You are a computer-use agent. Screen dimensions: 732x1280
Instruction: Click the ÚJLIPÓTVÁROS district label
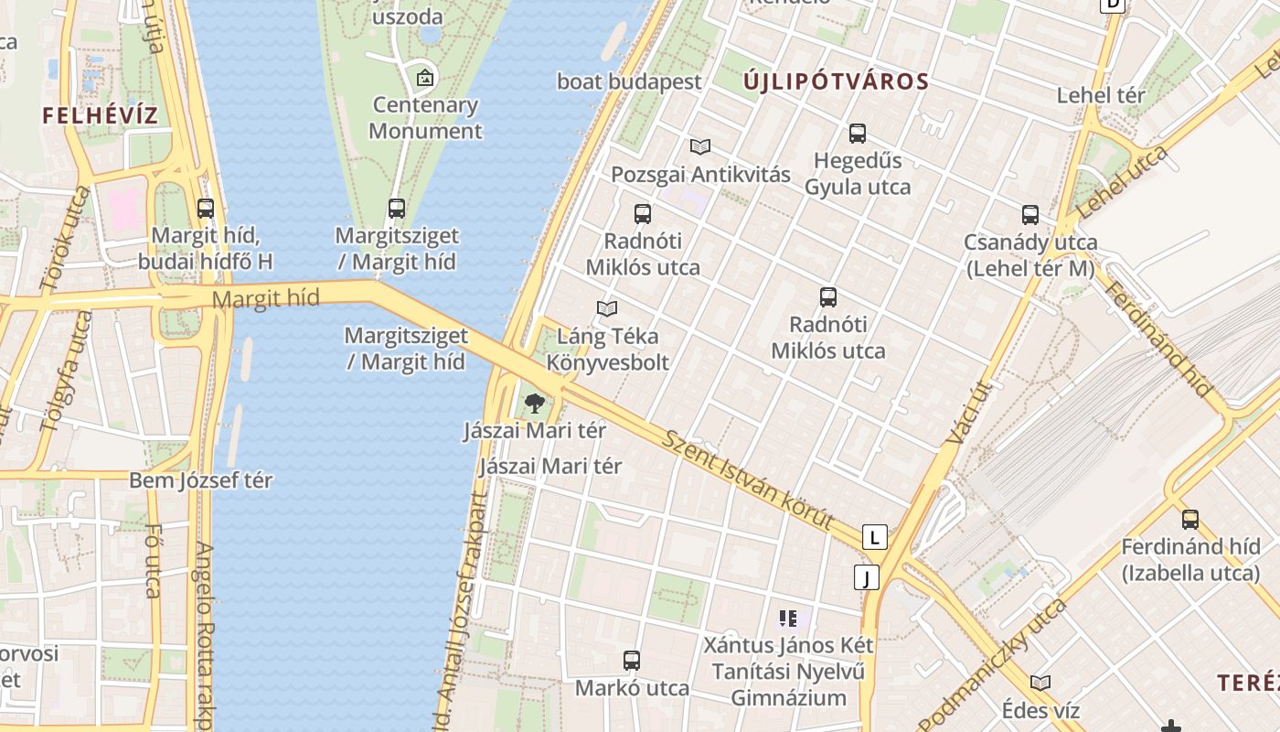click(x=836, y=81)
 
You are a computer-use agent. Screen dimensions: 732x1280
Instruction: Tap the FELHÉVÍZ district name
click(x=100, y=115)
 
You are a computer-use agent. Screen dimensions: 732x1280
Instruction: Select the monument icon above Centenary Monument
click(x=424, y=78)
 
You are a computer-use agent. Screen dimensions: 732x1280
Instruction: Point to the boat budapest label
click(x=629, y=81)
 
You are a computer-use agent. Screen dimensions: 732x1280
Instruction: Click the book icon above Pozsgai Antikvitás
click(x=700, y=146)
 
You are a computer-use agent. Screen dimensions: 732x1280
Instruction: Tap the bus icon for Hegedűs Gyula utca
click(x=858, y=134)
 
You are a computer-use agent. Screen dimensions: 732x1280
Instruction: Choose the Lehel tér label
click(x=1100, y=95)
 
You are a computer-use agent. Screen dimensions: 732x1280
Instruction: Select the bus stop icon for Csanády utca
click(x=1030, y=215)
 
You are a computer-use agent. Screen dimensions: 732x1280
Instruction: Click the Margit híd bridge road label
click(x=265, y=298)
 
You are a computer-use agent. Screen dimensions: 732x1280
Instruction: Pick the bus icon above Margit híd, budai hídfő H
click(x=206, y=209)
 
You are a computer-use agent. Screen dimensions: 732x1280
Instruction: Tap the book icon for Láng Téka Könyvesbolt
click(x=607, y=308)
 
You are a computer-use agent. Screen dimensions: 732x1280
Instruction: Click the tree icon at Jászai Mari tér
click(x=535, y=403)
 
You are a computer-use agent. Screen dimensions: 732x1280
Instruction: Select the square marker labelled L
click(x=875, y=537)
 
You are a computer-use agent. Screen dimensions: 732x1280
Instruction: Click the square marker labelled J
click(x=866, y=577)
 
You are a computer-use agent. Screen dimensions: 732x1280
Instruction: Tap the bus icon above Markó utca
click(x=632, y=660)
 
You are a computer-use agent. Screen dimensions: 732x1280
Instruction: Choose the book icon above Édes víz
click(x=1040, y=683)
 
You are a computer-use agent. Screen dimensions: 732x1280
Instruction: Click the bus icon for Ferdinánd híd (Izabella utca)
click(x=1190, y=520)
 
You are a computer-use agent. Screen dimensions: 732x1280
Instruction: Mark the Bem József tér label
click(x=200, y=480)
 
